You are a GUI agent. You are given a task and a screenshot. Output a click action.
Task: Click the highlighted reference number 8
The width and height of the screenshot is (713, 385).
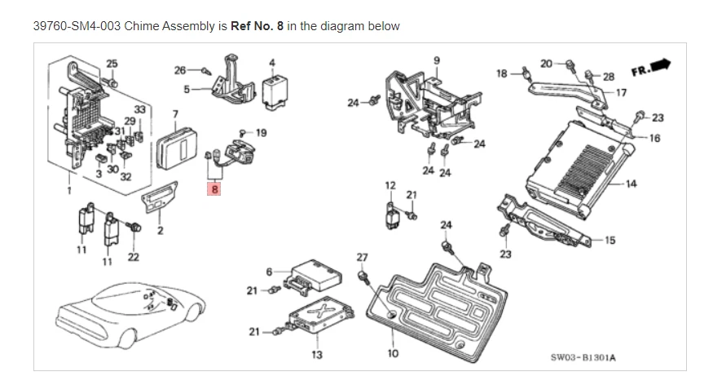coord(214,189)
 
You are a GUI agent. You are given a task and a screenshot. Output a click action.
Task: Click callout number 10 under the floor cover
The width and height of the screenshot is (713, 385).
coord(393,353)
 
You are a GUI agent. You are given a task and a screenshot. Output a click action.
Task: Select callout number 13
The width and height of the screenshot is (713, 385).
coord(317,354)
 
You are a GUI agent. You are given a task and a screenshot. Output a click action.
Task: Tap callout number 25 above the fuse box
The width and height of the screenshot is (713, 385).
coord(112,63)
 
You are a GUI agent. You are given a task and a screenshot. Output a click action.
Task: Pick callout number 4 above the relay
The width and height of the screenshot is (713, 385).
coord(272,61)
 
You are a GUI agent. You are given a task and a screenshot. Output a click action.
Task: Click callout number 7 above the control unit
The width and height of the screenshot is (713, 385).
coord(174,112)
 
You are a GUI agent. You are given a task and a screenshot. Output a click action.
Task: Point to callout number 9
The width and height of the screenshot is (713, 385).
coord(437,60)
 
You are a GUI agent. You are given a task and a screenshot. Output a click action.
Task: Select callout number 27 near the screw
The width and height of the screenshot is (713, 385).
coord(362,258)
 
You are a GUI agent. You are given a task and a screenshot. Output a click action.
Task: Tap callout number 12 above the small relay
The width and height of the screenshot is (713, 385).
coord(390,185)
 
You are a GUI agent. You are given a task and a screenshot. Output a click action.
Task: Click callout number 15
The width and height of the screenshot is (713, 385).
coord(610,240)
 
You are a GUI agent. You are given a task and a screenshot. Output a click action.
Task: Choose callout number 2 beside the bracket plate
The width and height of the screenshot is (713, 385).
coord(160,231)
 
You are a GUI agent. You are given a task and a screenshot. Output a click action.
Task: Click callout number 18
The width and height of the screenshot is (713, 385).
coord(503,73)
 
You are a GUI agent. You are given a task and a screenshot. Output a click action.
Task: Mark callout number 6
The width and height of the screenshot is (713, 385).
coord(269,271)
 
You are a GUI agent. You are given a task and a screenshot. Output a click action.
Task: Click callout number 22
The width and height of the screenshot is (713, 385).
coord(133,257)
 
